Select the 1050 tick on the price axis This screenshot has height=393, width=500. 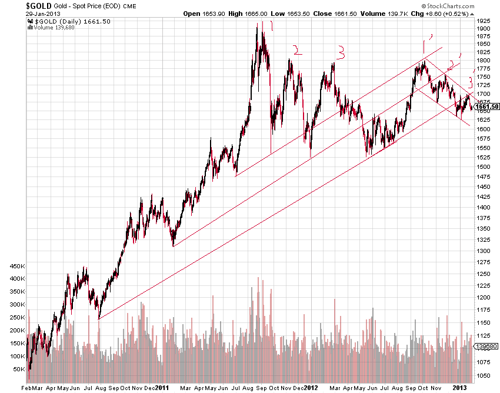[483, 375]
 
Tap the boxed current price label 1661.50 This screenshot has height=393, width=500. [487, 106]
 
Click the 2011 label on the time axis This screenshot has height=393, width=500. [162, 388]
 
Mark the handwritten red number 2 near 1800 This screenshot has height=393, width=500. [298, 50]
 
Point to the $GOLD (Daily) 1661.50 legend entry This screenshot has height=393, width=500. [62, 21]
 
